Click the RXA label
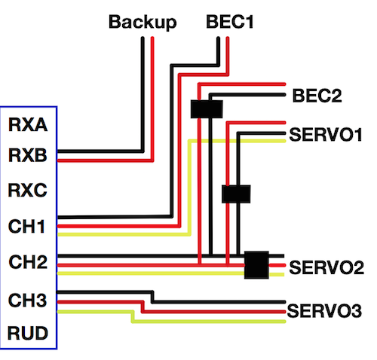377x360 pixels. click(x=28, y=124)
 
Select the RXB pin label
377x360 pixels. click(x=28, y=155)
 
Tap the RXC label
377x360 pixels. click(x=27, y=190)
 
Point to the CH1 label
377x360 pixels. click(x=26, y=226)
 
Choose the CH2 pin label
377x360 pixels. click(x=28, y=262)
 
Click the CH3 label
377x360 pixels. click(x=27, y=300)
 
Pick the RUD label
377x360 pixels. click(x=28, y=333)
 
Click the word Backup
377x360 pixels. click(x=143, y=23)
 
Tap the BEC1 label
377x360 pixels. click(x=229, y=22)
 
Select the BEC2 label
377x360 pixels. click(x=317, y=96)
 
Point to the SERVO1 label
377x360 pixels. click(x=326, y=135)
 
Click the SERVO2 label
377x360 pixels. click(x=326, y=267)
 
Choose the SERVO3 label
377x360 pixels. click(x=324, y=311)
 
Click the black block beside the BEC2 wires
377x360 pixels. click(x=207, y=109)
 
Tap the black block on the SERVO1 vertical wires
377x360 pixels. click(x=236, y=194)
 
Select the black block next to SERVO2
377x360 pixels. click(x=256, y=265)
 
